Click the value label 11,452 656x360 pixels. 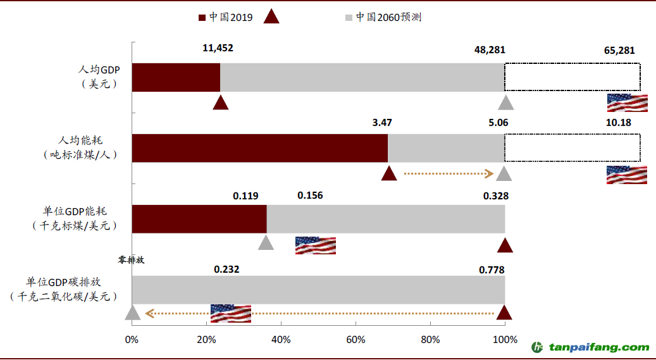(218, 48)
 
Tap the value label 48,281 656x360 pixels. (490, 50)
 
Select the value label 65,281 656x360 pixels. (619, 50)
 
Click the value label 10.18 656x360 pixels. (619, 122)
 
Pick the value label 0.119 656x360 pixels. (245, 196)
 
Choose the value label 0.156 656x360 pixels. (310, 195)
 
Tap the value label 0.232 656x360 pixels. (226, 269)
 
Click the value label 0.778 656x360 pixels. (492, 270)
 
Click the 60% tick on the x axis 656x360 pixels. (356, 340)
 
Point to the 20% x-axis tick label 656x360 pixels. (206, 340)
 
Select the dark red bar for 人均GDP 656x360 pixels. (176, 77)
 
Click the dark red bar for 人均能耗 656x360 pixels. (259, 148)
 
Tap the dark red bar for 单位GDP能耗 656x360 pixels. (199, 219)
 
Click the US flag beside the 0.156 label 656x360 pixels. (315, 245)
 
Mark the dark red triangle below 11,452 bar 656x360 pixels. (220, 102)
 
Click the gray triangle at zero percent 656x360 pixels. (132, 313)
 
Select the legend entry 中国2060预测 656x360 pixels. (388, 17)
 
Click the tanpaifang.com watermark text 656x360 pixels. (598, 347)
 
